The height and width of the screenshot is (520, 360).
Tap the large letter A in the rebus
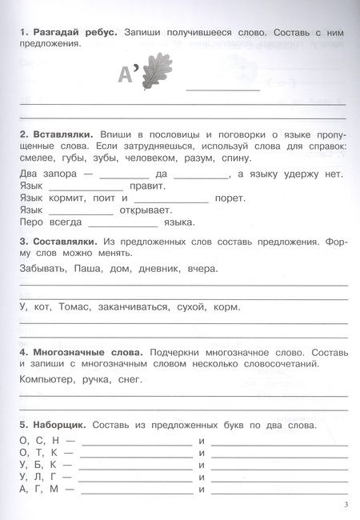[x=124, y=76]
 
